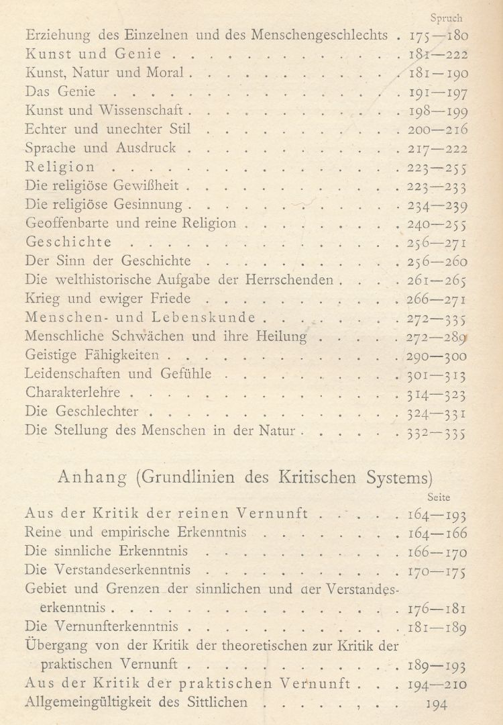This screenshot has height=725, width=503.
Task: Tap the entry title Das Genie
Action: pyautogui.click(x=59, y=91)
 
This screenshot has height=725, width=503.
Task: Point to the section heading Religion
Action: pyautogui.click(x=60, y=166)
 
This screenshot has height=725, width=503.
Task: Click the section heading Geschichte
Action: pyautogui.click(x=68, y=241)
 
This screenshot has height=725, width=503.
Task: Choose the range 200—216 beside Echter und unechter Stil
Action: pyautogui.click(x=439, y=129)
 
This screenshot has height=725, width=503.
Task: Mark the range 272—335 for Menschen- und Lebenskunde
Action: pyautogui.click(x=439, y=317)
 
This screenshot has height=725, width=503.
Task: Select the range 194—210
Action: pyautogui.click(x=439, y=685)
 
